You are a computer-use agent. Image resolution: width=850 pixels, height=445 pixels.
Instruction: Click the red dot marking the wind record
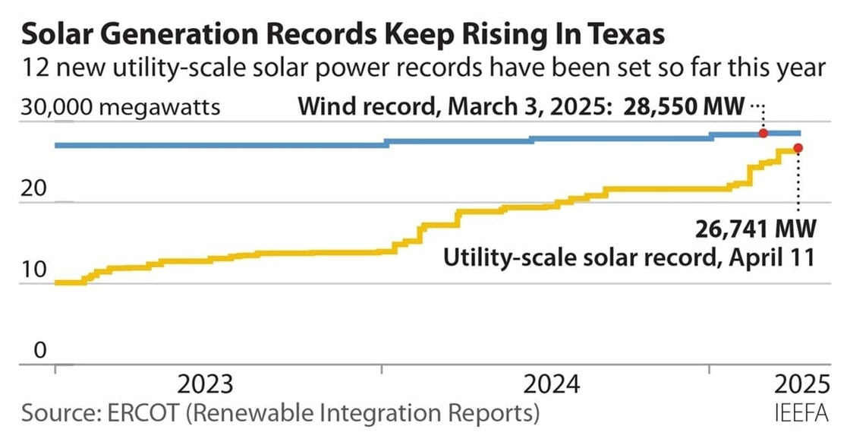[763, 134]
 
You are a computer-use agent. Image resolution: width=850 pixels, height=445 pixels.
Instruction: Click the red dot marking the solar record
[798, 148]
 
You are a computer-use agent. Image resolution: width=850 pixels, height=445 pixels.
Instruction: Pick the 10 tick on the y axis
[35, 270]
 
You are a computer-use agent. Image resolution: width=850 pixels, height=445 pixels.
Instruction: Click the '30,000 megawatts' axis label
[121, 106]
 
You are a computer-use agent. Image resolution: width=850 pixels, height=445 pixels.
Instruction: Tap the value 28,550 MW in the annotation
[684, 106]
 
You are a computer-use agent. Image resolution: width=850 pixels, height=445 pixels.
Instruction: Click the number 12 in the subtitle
[36, 68]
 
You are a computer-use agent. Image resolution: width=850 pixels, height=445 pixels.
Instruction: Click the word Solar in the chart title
[60, 35]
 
